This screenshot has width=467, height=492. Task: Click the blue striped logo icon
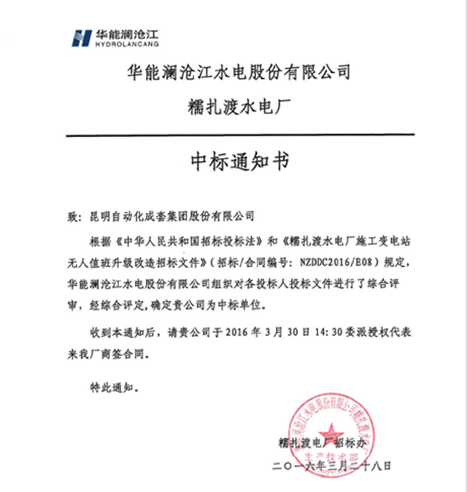81,37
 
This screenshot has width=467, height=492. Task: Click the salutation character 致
72,216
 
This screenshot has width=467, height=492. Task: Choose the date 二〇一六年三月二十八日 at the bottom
332,464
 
